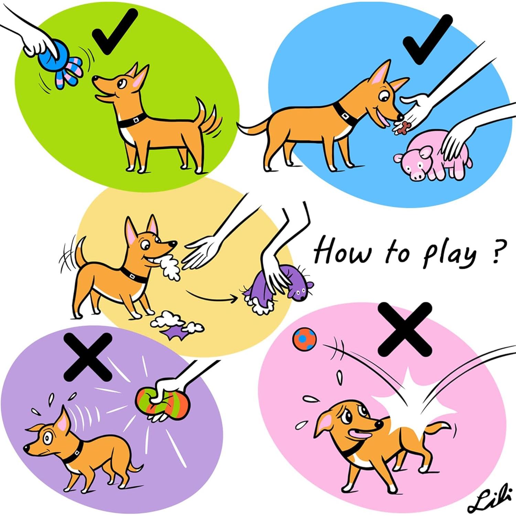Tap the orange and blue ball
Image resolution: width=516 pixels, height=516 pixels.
tap(304, 339)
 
